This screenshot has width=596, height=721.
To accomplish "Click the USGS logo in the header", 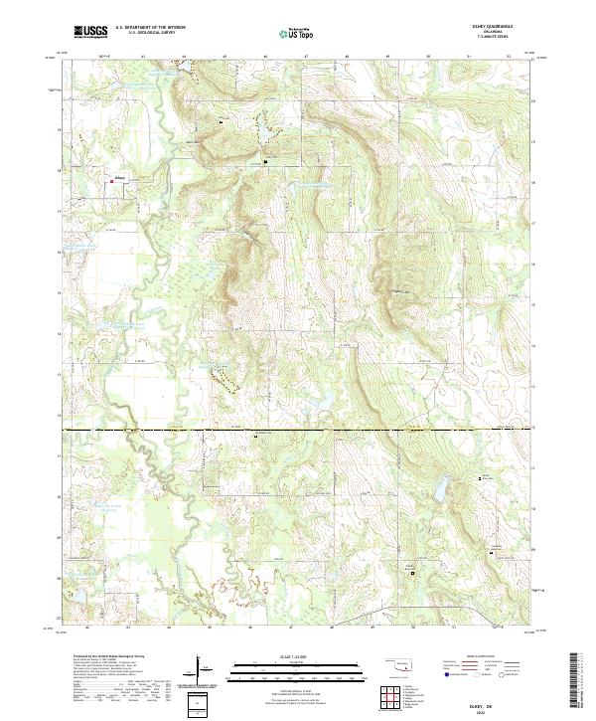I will pyautogui.click(x=90, y=32).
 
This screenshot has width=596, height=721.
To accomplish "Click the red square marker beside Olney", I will pyautogui.click(x=111, y=180).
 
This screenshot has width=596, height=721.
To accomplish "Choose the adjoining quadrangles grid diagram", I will pyautogui.click(x=394, y=697).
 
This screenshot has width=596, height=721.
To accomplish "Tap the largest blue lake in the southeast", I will pyautogui.click(x=436, y=489).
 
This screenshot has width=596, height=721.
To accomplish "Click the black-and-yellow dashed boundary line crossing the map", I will pyautogui.click(x=298, y=429).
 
